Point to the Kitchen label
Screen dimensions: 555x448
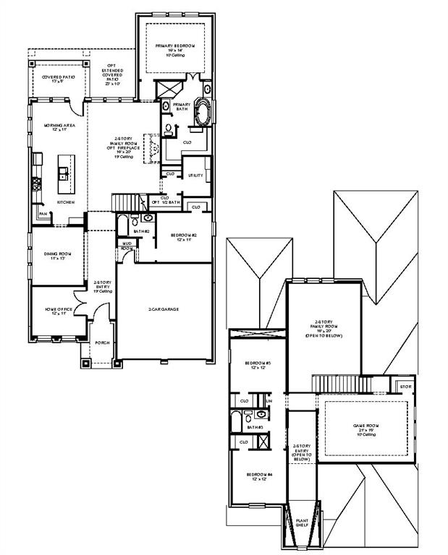[66, 202]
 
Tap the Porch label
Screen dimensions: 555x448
[102, 343]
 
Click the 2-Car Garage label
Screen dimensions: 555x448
[164, 309]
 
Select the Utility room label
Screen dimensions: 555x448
[195, 176]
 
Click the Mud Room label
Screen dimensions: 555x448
[127, 246]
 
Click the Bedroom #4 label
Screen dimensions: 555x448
[258, 476]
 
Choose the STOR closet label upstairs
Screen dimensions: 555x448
[405, 387]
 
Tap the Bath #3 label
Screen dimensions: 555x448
[253, 428]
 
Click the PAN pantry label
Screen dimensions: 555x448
[43, 214]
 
